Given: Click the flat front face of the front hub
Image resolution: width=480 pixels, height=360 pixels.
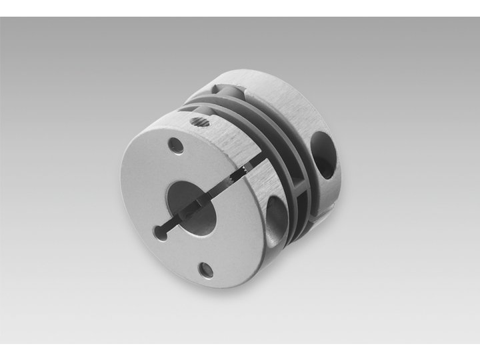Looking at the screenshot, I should pyautogui.click(x=153, y=180).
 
